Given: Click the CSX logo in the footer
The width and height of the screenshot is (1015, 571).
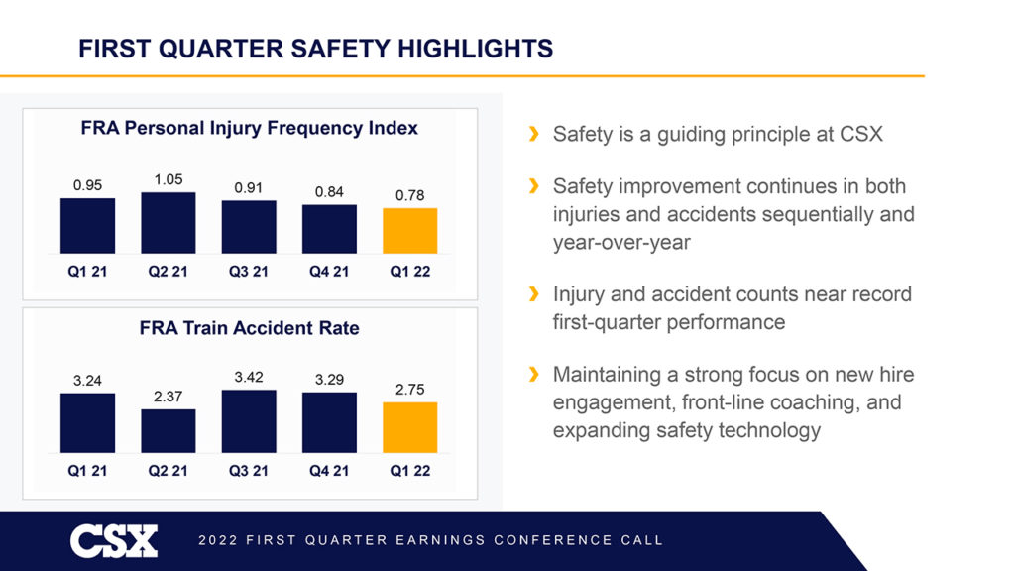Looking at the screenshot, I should tap(113, 540).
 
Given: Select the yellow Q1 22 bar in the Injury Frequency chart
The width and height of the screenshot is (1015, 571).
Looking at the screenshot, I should tap(409, 231).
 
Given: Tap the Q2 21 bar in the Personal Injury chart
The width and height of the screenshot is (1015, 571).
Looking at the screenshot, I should tap(168, 223).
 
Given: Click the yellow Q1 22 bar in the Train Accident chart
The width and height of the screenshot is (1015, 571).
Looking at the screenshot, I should tap(409, 427).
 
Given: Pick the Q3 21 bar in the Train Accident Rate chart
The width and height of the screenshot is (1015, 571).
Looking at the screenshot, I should tap(249, 421).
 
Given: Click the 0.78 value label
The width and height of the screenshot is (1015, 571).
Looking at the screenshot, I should tap(409, 196).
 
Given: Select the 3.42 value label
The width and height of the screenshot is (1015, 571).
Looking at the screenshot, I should tap(249, 378).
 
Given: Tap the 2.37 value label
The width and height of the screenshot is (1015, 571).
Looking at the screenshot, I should tap(169, 397).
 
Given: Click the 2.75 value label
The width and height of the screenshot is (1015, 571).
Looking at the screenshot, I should tap(409, 391).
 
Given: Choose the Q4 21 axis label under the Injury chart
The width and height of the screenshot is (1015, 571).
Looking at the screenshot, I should tap(329, 273).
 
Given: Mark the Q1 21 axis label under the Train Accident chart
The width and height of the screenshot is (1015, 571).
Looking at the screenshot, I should tap(87, 471).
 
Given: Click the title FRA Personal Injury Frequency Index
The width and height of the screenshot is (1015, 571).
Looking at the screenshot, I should tap(249, 128).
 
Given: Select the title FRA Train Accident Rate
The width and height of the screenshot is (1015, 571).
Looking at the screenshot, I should tap(249, 328).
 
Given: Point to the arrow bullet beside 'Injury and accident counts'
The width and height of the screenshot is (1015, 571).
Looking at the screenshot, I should tap(534, 294).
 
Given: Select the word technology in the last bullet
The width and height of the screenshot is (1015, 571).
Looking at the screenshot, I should tap(766, 430).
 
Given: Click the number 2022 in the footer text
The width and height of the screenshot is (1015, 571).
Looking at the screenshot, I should tap(218, 540).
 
